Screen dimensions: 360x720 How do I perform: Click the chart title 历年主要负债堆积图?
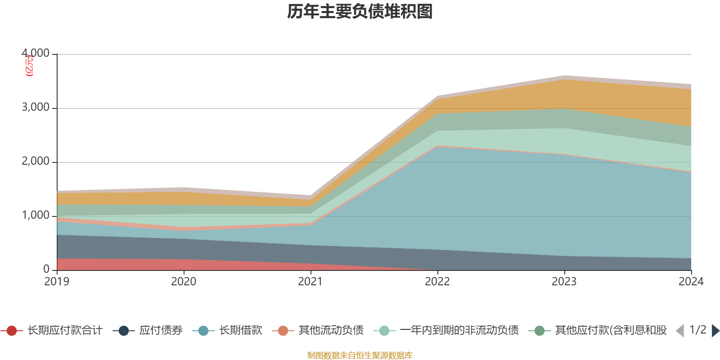coord(360,12)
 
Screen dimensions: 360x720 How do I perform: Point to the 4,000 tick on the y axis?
coord(36,54)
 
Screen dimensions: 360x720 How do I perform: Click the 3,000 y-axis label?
coord(36,108)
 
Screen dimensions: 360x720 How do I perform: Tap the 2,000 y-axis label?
coord(36,162)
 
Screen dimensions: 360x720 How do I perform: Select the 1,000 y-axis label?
coord(36,216)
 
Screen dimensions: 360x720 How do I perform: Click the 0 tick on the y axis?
coord(46,269)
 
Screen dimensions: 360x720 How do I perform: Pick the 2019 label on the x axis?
coord(57,282)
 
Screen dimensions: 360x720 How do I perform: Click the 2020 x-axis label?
coord(184,282)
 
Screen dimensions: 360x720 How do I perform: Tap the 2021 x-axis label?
coord(310,282)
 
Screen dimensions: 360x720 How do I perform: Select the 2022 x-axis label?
coord(437,282)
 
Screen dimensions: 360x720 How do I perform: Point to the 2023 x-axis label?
coord(564,282)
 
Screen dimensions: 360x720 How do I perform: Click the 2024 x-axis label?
coord(691,282)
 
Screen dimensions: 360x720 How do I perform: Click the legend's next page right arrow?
coord(715,331)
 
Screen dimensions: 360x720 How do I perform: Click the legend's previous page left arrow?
coord(680,331)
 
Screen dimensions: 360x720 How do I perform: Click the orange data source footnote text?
coord(360,355)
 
